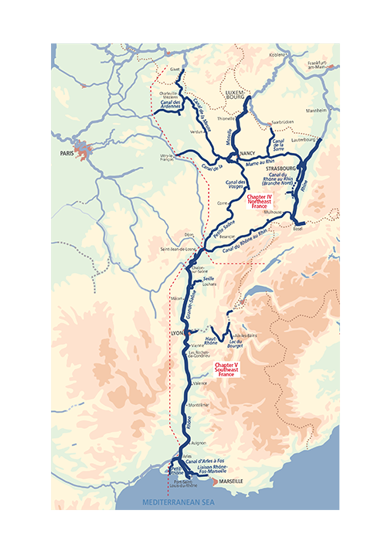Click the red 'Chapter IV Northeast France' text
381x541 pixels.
tap(260, 202)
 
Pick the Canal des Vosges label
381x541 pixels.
tap(235, 185)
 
